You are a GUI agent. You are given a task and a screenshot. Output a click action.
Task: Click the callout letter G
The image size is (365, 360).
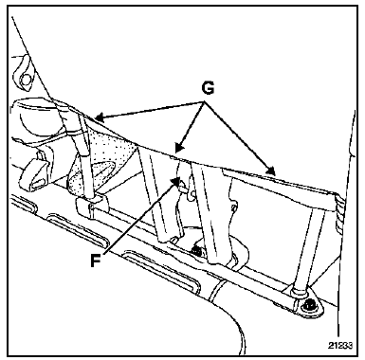tap(208, 88)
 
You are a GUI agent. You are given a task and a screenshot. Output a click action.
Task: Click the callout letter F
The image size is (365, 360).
tap(96, 261)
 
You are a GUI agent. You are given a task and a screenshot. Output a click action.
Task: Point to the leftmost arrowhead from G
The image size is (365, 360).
tap(99, 118)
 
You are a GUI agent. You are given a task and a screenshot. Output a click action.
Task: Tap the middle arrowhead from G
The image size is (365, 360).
tap(178, 148)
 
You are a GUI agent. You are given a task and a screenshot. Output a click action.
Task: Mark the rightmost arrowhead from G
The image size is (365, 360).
tap(270, 171)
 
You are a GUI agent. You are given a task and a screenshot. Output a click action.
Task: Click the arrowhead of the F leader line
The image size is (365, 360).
tap(174, 181)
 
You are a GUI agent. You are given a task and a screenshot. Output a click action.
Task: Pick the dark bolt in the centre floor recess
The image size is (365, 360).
tap(196, 251)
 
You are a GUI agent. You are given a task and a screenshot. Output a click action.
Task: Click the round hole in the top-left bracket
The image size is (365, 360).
tap(26, 78)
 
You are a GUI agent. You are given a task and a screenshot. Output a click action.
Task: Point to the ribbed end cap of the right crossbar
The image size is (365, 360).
tap(338, 212)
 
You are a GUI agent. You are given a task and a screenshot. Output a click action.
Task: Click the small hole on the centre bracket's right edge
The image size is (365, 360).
tap(234, 207)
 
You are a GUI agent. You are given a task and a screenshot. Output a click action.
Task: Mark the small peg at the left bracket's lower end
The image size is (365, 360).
tap(173, 241)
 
